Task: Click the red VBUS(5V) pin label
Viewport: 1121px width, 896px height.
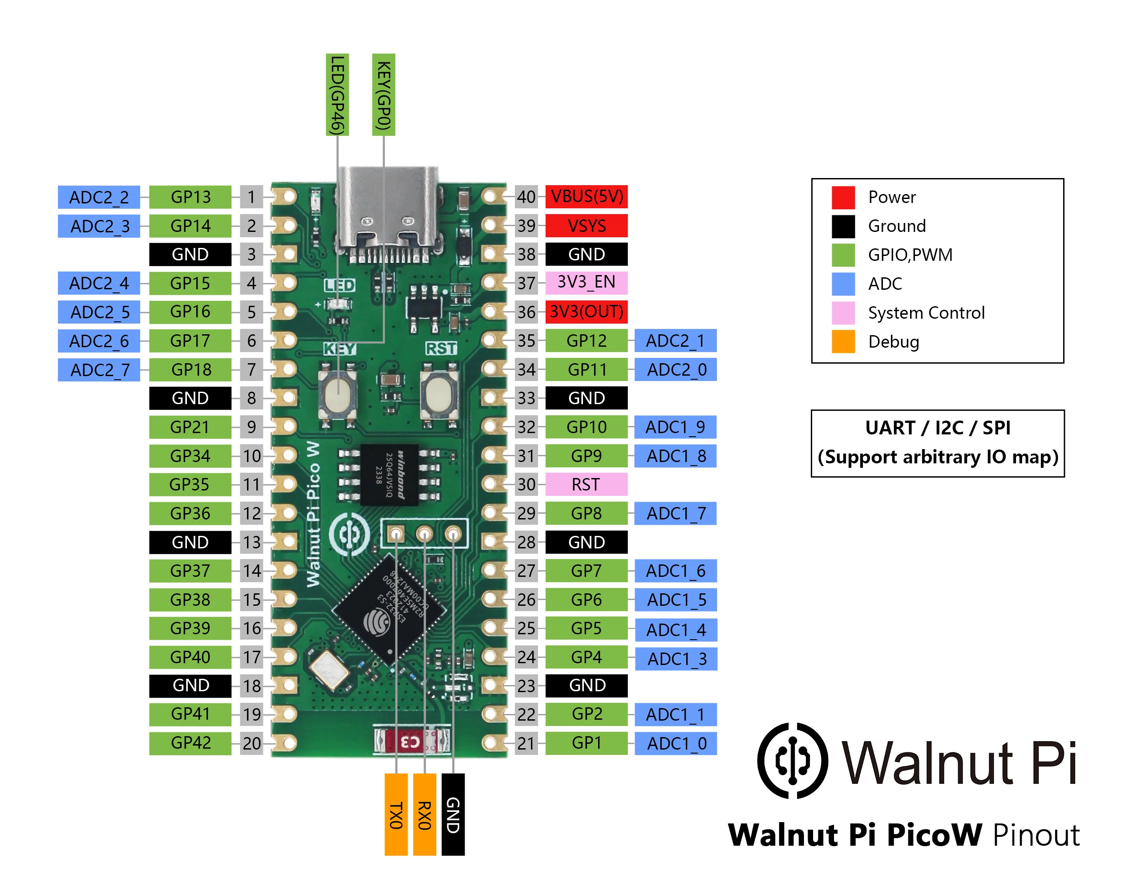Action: pos(586,197)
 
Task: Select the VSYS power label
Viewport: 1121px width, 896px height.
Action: pos(586,226)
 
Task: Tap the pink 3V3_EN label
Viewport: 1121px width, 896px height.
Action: pos(586,282)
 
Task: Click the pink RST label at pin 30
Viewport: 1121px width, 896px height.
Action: pos(586,484)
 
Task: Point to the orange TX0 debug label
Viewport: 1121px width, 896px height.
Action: pos(396,814)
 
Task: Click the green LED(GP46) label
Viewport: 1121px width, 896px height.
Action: pos(337,95)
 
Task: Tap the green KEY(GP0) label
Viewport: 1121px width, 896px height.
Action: pos(383,95)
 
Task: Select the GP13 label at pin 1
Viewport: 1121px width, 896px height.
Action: pos(190,197)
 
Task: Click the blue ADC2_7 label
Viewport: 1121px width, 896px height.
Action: pos(99,370)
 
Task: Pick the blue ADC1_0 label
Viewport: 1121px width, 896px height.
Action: pos(676,743)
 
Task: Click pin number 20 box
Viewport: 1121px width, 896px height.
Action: pos(251,743)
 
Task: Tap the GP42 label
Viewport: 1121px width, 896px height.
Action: pos(190,743)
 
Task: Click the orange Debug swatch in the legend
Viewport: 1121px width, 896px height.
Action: pos(843,342)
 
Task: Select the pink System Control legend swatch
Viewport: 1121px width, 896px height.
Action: pos(843,312)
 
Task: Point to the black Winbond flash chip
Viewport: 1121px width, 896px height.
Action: pos(389,474)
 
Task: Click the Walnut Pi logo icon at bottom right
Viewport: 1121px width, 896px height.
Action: pos(793,760)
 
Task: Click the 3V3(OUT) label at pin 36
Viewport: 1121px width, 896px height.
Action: pos(586,312)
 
